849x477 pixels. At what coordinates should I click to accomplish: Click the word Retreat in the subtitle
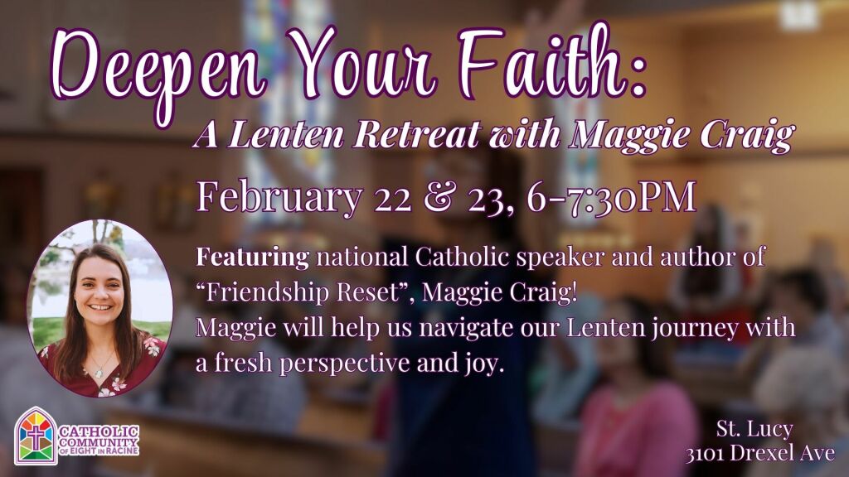point(416,134)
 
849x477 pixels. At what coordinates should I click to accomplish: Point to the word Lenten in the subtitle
point(286,134)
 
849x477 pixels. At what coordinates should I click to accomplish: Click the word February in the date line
point(279,198)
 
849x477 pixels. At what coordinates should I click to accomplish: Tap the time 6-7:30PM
point(611,197)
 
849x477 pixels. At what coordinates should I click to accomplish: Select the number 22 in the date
point(392,199)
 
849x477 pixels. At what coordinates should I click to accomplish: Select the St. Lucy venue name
point(754,429)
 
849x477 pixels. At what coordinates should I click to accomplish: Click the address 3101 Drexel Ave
point(760,453)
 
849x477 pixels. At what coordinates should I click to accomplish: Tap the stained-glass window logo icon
point(35,436)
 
